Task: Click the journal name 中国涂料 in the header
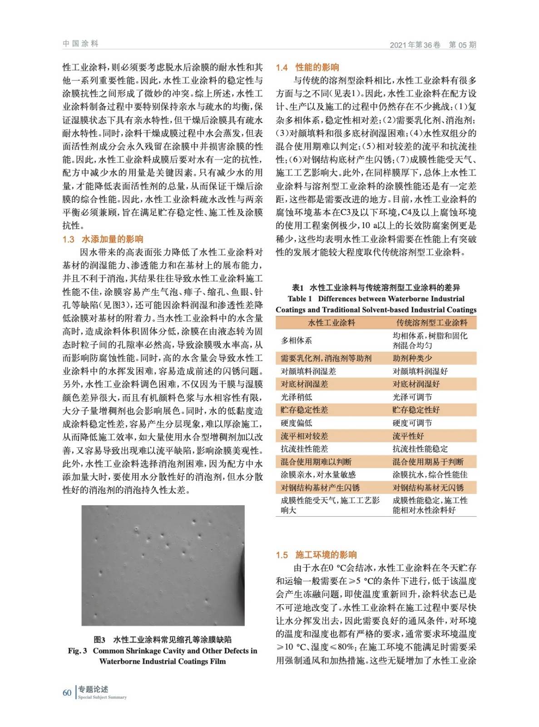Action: tap(80, 44)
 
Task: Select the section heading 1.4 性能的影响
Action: tap(307, 68)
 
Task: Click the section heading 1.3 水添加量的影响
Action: tap(103, 239)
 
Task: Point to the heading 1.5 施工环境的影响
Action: tap(316, 555)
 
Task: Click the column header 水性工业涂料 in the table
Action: tap(331, 323)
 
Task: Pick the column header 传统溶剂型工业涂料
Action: tap(431, 323)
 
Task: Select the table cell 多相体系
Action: tap(296, 340)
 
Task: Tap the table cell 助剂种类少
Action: tap(412, 358)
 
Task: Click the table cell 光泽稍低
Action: tap(296, 397)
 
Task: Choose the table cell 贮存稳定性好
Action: tap(416, 410)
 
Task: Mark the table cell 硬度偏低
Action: tap(296, 423)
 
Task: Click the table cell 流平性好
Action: tap(408, 436)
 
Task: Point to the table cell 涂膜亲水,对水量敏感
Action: tap(318, 475)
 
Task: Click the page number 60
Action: tap(67, 693)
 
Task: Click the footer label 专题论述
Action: tap(93, 689)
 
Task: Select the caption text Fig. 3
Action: tap(78, 651)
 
